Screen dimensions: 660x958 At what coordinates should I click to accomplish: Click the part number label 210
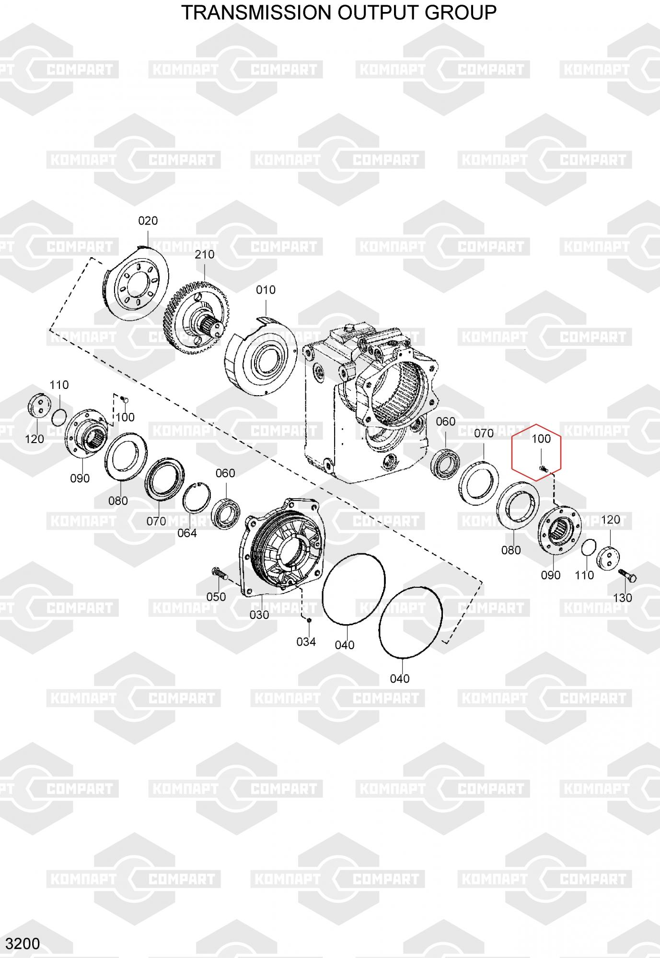[205, 254]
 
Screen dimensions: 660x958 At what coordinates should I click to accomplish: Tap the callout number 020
[148, 221]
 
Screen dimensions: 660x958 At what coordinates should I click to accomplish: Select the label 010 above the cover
[266, 290]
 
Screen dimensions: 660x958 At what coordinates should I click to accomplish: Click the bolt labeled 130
[627, 575]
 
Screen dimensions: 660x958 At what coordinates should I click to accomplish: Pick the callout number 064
[187, 533]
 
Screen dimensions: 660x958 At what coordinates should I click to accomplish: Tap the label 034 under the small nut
[306, 642]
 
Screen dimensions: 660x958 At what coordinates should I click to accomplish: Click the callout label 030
[259, 615]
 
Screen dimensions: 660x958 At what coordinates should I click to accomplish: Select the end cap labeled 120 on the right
[608, 558]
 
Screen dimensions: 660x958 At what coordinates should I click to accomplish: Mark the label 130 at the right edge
[623, 598]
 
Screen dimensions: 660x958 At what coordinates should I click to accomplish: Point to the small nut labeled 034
[309, 620]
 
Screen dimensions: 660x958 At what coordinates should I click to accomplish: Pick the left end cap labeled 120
[38, 406]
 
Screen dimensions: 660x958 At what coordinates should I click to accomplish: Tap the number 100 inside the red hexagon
[541, 439]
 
